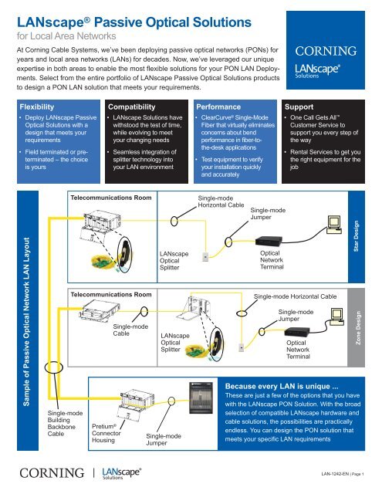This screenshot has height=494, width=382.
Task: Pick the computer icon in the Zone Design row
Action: tap(335, 316)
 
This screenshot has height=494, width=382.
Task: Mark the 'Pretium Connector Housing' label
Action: tap(106, 436)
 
